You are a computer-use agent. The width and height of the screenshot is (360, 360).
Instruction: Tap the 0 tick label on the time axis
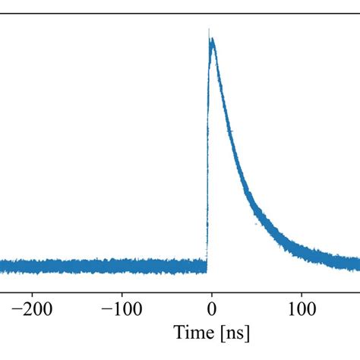point(212,309)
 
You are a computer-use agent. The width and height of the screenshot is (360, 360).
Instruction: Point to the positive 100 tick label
point(302,309)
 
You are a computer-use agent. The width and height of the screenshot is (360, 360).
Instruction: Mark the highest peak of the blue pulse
point(210,30)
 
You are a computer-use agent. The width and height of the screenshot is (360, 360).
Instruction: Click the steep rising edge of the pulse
point(207,152)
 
